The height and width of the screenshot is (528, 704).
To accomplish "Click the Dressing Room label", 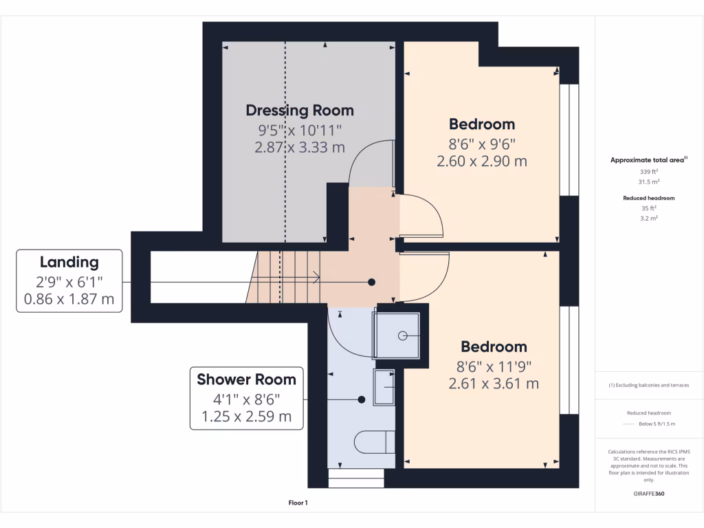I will point(300,110).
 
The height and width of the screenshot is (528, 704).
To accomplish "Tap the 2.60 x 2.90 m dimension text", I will point(481,162).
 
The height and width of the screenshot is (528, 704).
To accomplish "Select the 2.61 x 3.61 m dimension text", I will point(493,384).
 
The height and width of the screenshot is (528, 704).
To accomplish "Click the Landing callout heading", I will point(69,262).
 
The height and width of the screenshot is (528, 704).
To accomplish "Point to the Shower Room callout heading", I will point(246,379).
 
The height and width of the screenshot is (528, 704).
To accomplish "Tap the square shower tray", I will point(398,335).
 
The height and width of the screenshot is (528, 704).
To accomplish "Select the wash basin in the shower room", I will point(384,388).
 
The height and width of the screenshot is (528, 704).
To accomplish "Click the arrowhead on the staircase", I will point(316,278).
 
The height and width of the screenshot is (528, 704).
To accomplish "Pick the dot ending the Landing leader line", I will point(372,282).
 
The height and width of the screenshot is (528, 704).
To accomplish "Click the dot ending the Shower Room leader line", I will point(362,399).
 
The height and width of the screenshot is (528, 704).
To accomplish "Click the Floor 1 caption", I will point(298,503).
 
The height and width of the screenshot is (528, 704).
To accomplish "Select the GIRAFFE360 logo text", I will point(649,494).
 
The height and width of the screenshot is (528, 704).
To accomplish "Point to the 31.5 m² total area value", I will point(649,182).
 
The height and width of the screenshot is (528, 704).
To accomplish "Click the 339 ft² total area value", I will point(649,171).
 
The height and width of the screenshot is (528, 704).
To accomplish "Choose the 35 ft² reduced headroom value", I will point(649,208).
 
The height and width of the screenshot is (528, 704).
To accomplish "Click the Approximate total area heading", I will point(648,159).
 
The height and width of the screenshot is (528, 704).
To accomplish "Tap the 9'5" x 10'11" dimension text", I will point(300,129).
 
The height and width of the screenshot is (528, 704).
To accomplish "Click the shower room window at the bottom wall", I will point(355,478).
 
